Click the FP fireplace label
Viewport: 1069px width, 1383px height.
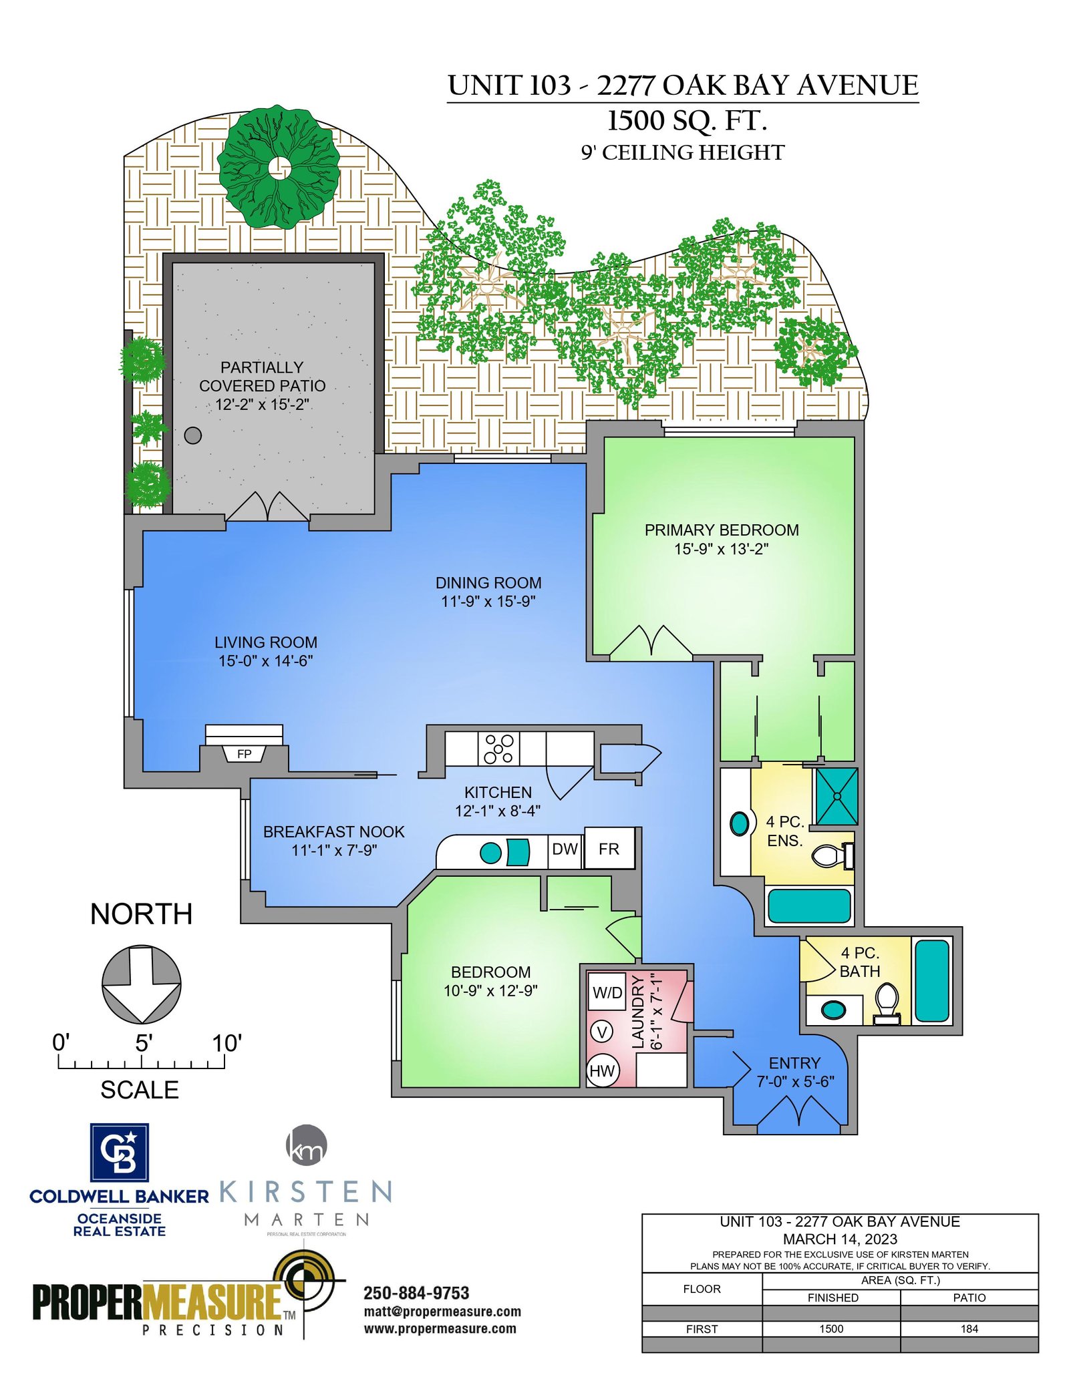[x=245, y=754]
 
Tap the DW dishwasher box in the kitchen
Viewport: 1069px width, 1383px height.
[x=565, y=849]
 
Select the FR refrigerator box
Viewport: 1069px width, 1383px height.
[x=609, y=848]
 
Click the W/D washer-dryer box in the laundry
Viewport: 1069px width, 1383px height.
[x=607, y=993]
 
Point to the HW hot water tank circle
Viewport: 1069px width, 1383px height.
[x=602, y=1071]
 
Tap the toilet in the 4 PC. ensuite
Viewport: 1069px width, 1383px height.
[x=832, y=855]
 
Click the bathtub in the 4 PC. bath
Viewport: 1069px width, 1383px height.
[x=932, y=981]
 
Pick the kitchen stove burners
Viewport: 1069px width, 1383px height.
[x=499, y=749]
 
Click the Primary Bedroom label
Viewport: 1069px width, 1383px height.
[x=722, y=530]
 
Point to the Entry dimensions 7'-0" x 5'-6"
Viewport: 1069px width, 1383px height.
[x=795, y=1081]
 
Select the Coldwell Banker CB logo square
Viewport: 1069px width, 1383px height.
[x=120, y=1153]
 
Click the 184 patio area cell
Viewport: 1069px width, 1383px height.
[x=969, y=1329]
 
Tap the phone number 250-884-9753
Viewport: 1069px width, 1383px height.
[x=416, y=1294]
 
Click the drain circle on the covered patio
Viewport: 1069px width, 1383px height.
[x=192, y=435]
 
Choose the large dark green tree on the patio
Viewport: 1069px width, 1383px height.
[x=279, y=167]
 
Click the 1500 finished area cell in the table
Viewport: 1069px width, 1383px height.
[x=832, y=1329]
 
